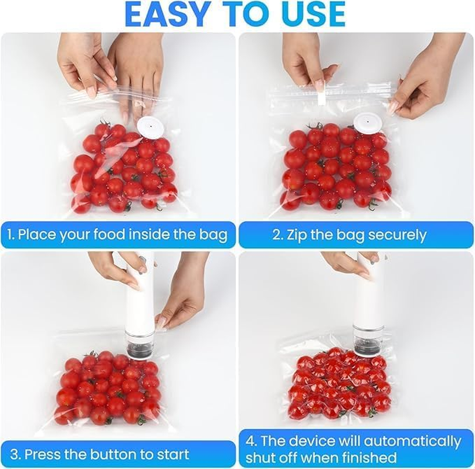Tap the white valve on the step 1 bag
coord(150,126)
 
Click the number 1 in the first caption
coord(10,235)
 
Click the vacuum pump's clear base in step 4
coord(368,341)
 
